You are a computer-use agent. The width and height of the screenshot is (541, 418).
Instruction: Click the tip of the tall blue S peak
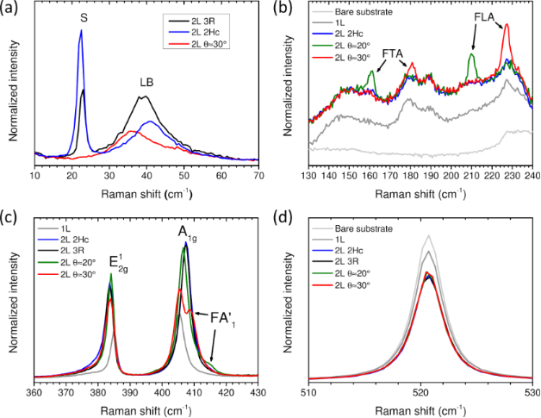[x=80, y=30]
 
